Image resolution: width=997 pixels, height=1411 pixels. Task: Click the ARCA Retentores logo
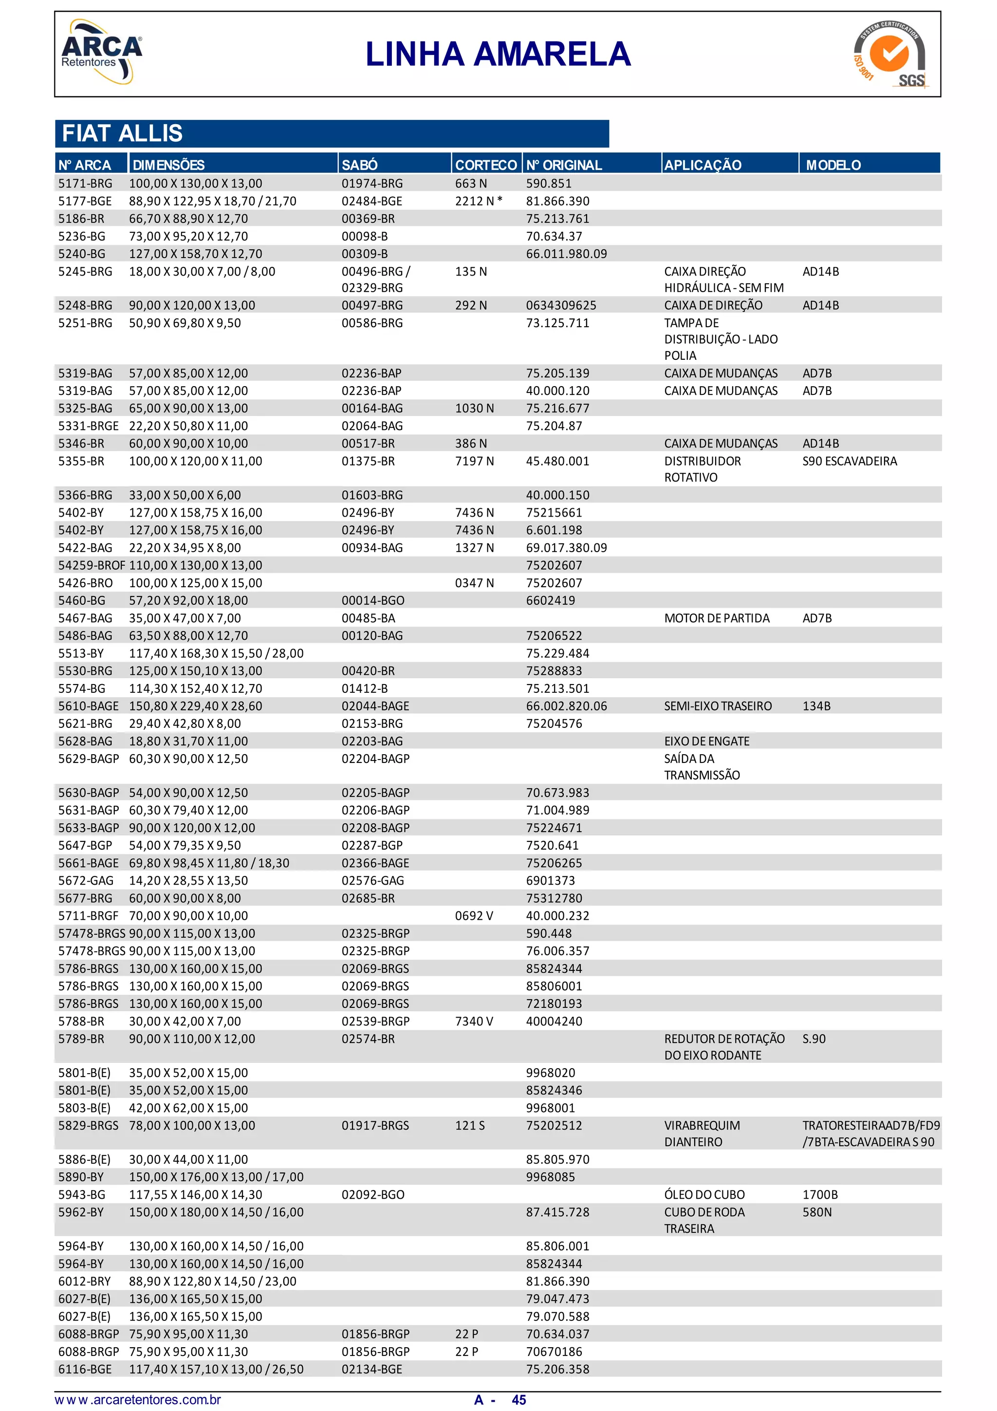(101, 52)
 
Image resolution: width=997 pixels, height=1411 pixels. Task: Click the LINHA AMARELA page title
(498, 54)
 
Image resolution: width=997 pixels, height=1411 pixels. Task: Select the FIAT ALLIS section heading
(122, 133)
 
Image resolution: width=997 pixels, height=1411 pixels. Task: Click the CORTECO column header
(485, 165)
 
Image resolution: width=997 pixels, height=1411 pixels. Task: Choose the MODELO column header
(832, 165)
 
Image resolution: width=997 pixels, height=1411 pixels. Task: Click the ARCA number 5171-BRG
(85, 183)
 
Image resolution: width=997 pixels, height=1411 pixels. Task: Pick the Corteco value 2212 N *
(479, 201)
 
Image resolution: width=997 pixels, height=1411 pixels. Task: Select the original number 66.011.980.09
(566, 254)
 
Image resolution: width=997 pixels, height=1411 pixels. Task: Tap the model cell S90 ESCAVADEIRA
(849, 461)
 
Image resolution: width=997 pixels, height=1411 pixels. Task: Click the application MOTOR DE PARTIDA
(716, 618)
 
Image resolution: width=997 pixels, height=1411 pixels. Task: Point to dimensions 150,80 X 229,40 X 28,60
(195, 706)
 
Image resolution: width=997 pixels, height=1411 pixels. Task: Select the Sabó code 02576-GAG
(373, 881)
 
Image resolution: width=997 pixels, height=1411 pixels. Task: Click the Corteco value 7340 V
(474, 1021)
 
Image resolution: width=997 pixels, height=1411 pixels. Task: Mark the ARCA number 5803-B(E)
(84, 1108)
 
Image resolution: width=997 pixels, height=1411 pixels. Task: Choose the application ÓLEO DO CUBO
(704, 1195)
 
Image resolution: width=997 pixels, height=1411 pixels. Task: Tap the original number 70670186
(554, 1352)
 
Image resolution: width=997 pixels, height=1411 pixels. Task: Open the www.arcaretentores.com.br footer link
(138, 1400)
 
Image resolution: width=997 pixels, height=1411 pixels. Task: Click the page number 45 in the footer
(518, 1400)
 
